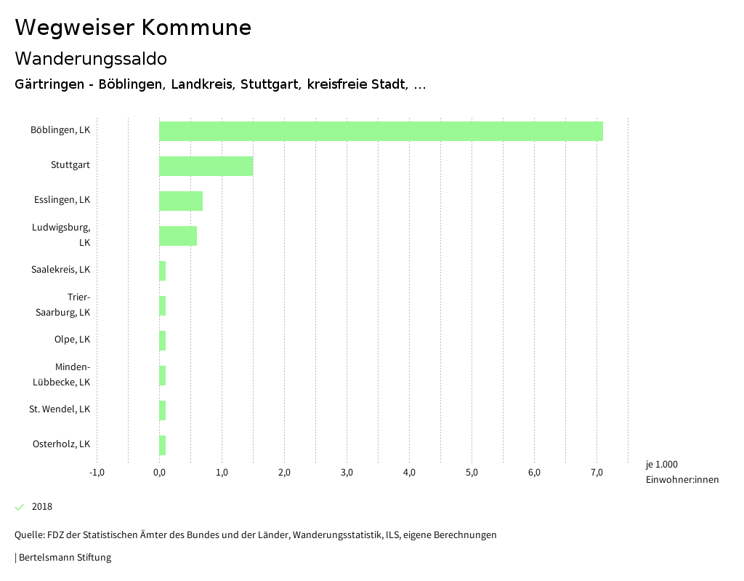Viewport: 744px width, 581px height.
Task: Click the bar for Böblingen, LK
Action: coord(381,131)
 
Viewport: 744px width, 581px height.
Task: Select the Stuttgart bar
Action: coord(206,166)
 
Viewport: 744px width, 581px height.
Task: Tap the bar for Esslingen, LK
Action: coord(181,201)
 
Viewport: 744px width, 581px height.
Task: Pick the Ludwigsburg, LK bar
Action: coord(178,236)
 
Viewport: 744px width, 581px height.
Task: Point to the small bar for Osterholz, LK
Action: coord(163,445)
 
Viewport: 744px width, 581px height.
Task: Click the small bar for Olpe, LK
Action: coord(163,340)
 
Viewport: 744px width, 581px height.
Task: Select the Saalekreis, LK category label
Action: coord(60,270)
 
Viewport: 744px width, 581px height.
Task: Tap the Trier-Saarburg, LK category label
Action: coord(63,305)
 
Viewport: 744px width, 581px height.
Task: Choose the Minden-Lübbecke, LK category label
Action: coord(62,374)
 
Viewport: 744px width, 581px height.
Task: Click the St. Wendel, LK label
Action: coord(60,409)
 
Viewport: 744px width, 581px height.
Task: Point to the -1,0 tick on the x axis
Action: coord(97,473)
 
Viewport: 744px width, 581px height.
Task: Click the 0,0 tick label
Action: coord(159,473)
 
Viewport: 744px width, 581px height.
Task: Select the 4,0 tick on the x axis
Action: coord(409,473)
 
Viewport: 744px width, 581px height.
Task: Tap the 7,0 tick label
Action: coord(597,473)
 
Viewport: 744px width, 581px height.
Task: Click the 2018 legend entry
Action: coord(41,507)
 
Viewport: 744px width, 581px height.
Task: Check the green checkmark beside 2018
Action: coord(20,507)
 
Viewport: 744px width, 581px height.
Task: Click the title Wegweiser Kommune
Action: coord(133,28)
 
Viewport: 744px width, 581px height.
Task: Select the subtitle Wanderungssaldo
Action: coord(91,58)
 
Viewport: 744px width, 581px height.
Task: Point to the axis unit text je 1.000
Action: coord(661,465)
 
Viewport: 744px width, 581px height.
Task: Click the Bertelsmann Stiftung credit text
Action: coord(64,558)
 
